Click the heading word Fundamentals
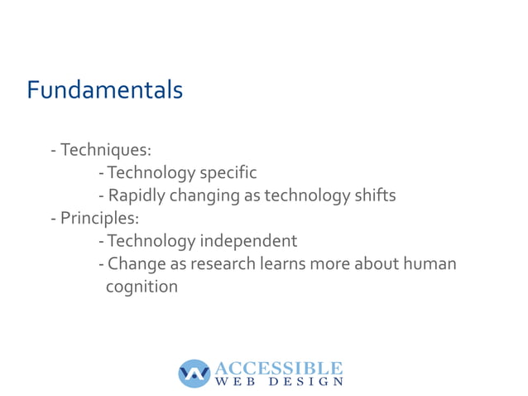[x=104, y=89]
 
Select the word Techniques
[x=104, y=150]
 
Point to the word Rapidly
[x=137, y=196]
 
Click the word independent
[x=247, y=242]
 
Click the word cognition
[x=142, y=287]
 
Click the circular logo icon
[x=194, y=374]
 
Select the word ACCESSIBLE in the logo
[x=278, y=367]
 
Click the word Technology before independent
[x=151, y=242]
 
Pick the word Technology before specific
[x=151, y=173]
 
